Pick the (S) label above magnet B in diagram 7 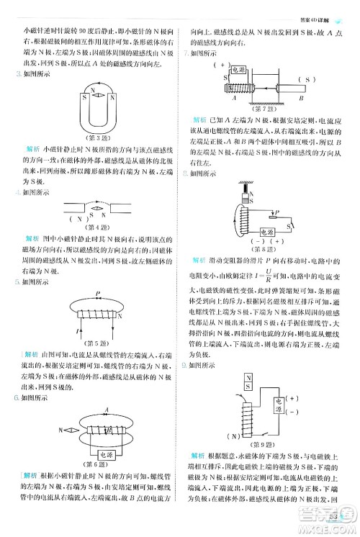310,79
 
